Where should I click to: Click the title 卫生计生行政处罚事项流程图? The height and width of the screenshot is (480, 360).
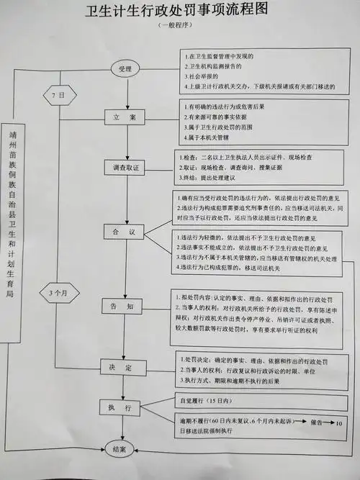point(181,11)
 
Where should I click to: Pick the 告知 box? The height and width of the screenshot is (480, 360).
point(125,305)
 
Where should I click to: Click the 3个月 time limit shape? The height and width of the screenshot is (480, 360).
point(60,293)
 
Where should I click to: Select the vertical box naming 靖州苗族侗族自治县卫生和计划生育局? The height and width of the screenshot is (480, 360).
point(17,216)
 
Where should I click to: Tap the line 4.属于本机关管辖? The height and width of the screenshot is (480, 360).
point(210,137)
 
